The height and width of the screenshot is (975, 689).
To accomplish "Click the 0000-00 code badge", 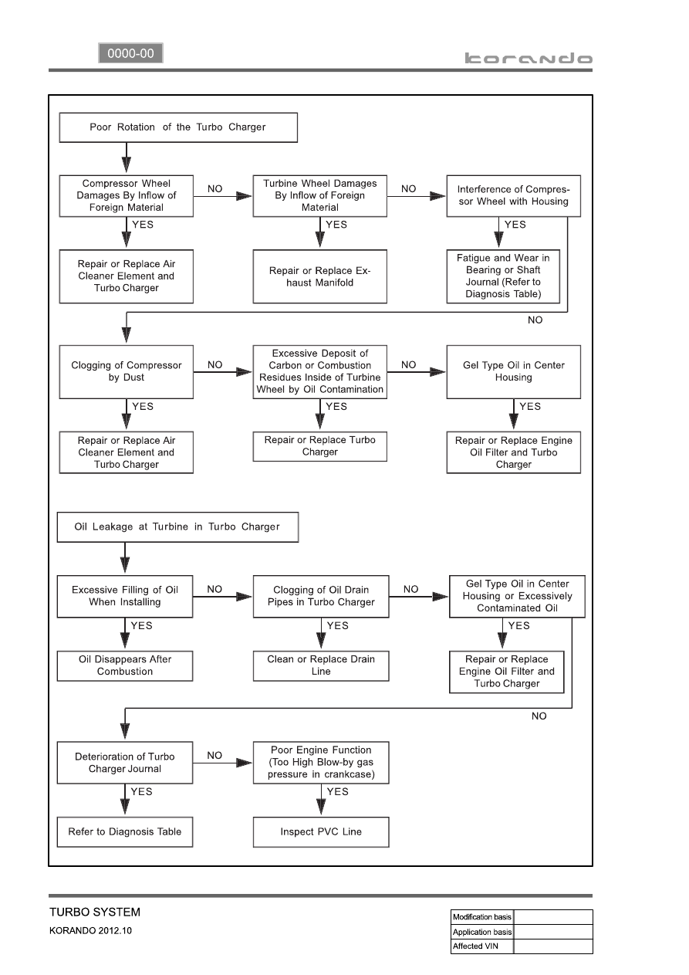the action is coord(130,53).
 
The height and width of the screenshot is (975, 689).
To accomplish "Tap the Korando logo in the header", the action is coord(529,59).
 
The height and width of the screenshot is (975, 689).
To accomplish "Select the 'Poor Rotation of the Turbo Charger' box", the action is coord(178,127).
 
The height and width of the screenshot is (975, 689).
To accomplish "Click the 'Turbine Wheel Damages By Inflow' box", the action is coord(319,196).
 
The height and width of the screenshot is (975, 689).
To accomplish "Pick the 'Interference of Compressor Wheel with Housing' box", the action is coord(513,196).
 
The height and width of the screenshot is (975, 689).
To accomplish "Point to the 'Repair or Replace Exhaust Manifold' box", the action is coord(319,276).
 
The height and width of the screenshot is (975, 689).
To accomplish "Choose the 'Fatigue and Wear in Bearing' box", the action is coord(503,276).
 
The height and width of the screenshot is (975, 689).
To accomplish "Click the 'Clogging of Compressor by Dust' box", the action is coord(126,372).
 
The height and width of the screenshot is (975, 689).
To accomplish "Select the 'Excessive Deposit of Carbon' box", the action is coord(319,372).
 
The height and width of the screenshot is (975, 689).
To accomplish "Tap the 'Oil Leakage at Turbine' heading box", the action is coord(177,526).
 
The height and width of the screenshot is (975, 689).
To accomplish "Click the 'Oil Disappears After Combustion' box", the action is coord(125,665).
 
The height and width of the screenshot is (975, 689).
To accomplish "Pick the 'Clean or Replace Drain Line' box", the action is coord(321,665).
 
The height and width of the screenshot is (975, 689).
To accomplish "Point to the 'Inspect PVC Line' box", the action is coord(321,831).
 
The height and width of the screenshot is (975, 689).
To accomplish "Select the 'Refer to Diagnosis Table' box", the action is coord(125,831).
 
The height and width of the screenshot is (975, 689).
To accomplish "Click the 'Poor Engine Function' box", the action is coord(321,763).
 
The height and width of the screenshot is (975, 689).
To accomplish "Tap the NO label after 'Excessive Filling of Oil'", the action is coord(214,589).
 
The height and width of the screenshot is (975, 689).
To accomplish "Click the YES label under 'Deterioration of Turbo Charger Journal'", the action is coord(141,791).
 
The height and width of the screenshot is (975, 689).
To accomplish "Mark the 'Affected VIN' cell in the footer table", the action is coord(482,946).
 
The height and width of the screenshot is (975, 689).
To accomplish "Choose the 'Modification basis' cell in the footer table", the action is coord(482,917).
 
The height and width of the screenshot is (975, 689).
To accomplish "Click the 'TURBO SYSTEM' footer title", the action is coord(95,912).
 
